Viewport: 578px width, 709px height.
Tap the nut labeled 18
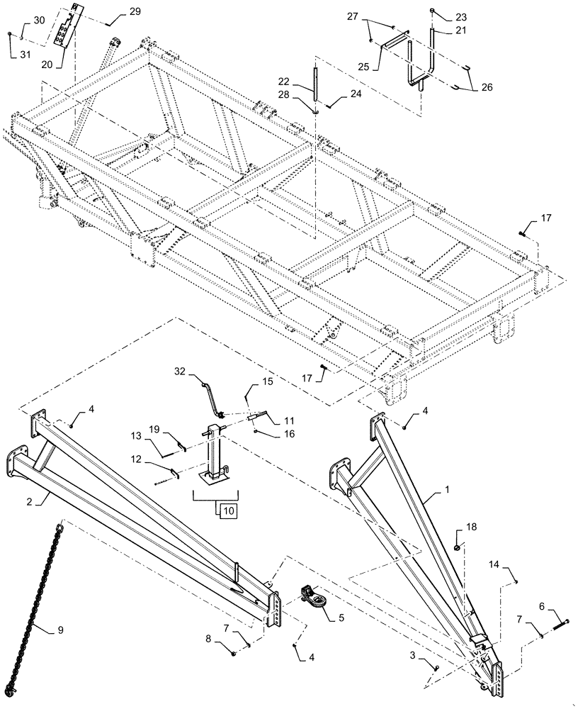pos(458,547)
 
